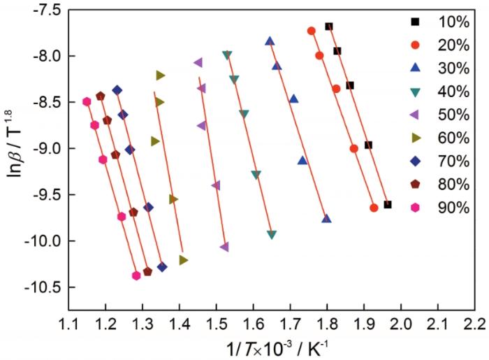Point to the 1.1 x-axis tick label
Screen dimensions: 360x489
(69, 324)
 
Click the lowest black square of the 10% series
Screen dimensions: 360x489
(388, 205)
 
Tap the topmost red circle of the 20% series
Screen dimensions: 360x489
(311, 31)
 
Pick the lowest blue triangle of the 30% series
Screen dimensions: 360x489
(326, 219)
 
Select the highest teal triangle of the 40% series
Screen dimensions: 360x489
(226, 55)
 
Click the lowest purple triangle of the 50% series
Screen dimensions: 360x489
(224, 247)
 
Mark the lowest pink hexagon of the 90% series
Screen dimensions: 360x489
(136, 275)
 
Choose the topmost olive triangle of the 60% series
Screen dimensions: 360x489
(161, 75)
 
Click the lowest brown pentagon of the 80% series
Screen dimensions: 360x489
(147, 272)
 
